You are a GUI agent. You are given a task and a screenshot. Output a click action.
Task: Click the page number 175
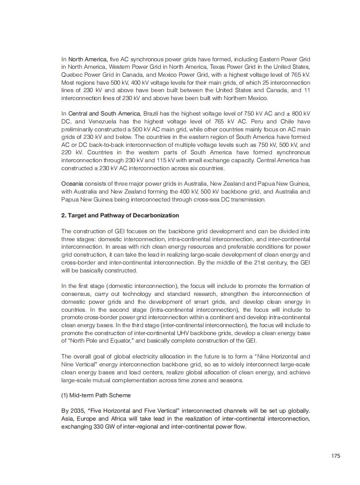[336, 456]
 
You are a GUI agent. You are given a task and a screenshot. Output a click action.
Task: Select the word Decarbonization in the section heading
[157, 215]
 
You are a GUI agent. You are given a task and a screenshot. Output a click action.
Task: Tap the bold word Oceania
[72, 183]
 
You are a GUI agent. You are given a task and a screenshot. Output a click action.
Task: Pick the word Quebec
[71, 75]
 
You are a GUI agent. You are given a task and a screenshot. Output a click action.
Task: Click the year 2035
[77, 410]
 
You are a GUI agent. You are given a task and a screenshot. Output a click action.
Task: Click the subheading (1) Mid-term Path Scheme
[96, 395]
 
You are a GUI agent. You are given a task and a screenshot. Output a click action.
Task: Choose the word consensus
[77, 294]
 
